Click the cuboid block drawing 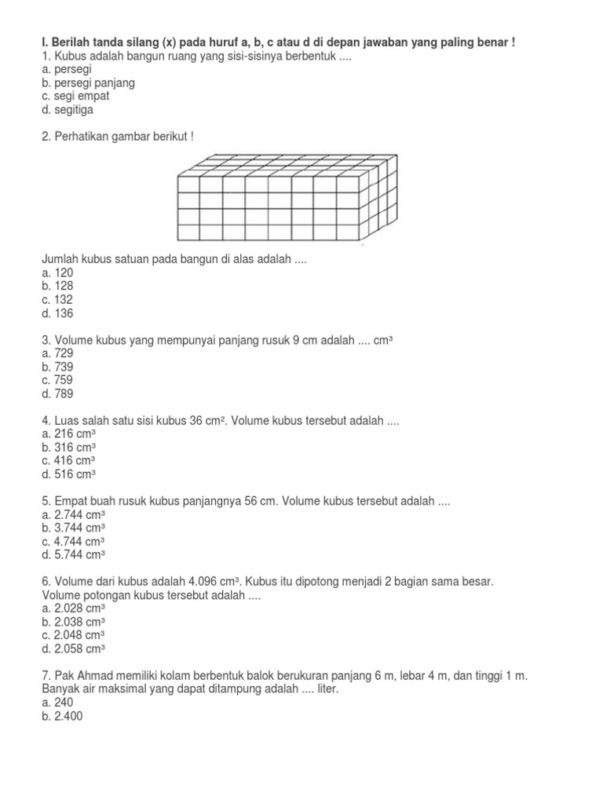[x=281, y=198]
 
